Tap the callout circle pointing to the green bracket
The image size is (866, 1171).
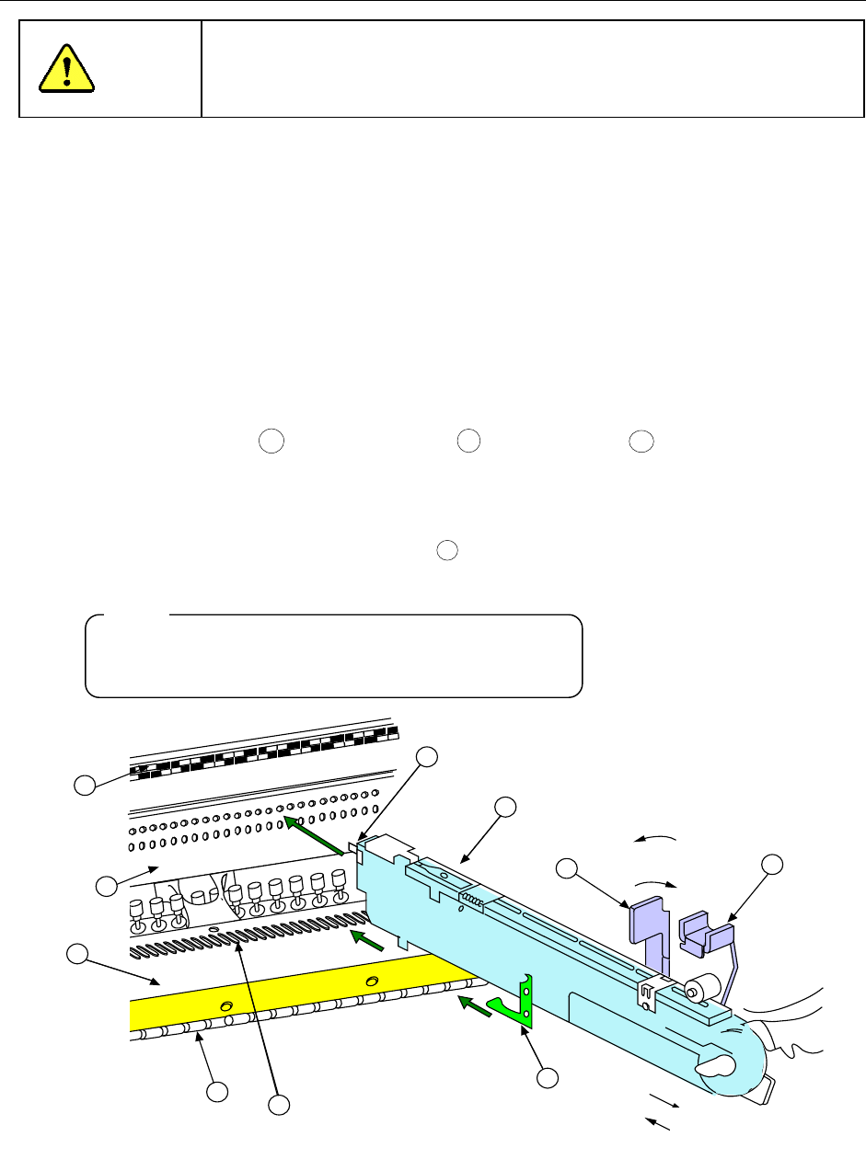pos(548,1078)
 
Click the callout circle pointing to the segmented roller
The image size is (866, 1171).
pos(217,1092)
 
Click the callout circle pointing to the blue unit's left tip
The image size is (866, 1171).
pos(427,756)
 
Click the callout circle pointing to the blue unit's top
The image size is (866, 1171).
pos(505,808)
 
